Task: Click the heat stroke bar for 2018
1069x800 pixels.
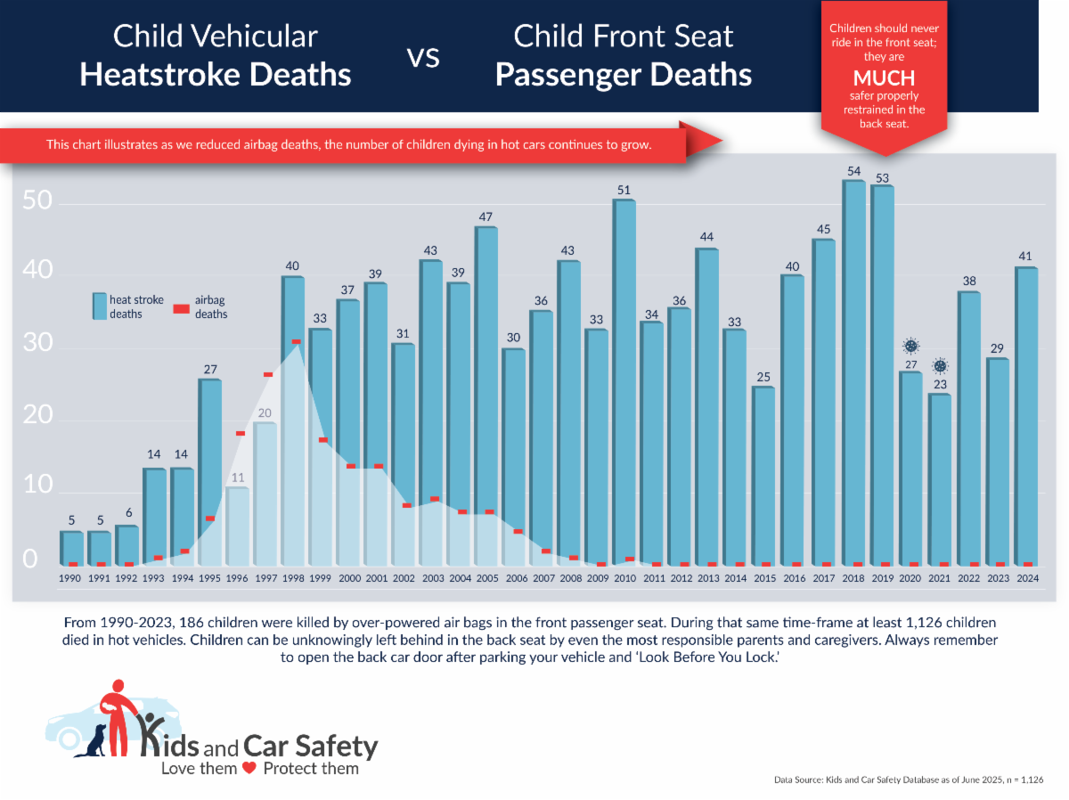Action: point(854,374)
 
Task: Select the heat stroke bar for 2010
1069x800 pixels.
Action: point(624,383)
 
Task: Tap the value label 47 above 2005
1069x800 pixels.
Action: point(486,216)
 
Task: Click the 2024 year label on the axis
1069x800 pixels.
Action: point(1026,578)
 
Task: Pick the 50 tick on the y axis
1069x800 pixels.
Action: point(34,203)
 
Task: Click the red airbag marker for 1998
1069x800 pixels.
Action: point(296,341)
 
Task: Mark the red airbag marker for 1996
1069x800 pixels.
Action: point(240,434)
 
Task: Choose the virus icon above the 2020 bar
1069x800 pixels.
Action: point(910,346)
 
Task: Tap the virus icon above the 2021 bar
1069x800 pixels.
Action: point(939,365)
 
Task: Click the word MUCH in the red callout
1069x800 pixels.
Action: point(885,78)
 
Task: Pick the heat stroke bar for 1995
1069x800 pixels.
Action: point(211,472)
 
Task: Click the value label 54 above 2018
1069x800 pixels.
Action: point(854,170)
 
